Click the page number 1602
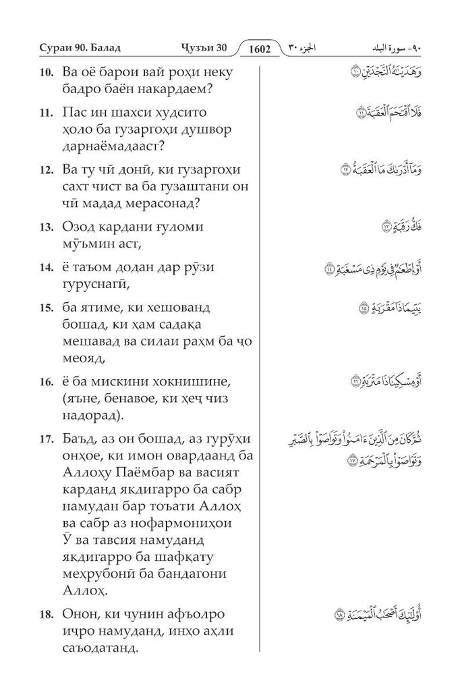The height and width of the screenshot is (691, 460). [259, 49]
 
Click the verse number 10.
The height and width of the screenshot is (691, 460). [46, 73]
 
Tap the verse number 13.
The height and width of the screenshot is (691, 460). [46, 226]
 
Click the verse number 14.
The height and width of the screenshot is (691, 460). [46, 267]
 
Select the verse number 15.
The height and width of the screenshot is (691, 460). [46, 308]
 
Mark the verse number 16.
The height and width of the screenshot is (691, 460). [46, 382]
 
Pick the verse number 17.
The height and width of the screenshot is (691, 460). [46, 439]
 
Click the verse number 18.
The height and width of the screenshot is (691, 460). [46, 615]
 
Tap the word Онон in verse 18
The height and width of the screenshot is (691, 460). [82, 615]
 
